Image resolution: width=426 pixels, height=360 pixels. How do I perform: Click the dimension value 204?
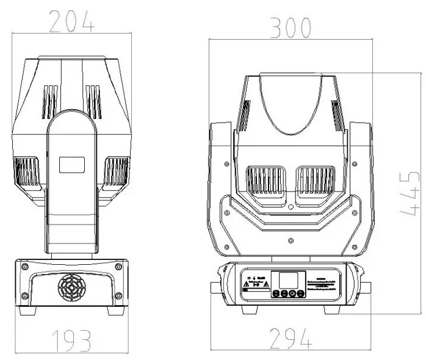72,22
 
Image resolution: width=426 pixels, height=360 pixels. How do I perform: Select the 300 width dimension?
291,27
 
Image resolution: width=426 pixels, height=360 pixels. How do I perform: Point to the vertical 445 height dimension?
410,193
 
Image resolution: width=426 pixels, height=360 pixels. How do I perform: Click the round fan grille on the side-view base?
72,287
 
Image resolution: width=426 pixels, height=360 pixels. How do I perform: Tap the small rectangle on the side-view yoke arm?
71,164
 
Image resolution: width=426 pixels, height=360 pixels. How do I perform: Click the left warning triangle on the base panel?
246,284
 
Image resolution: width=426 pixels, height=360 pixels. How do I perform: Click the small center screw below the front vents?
291,207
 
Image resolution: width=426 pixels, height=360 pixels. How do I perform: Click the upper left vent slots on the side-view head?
49,101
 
